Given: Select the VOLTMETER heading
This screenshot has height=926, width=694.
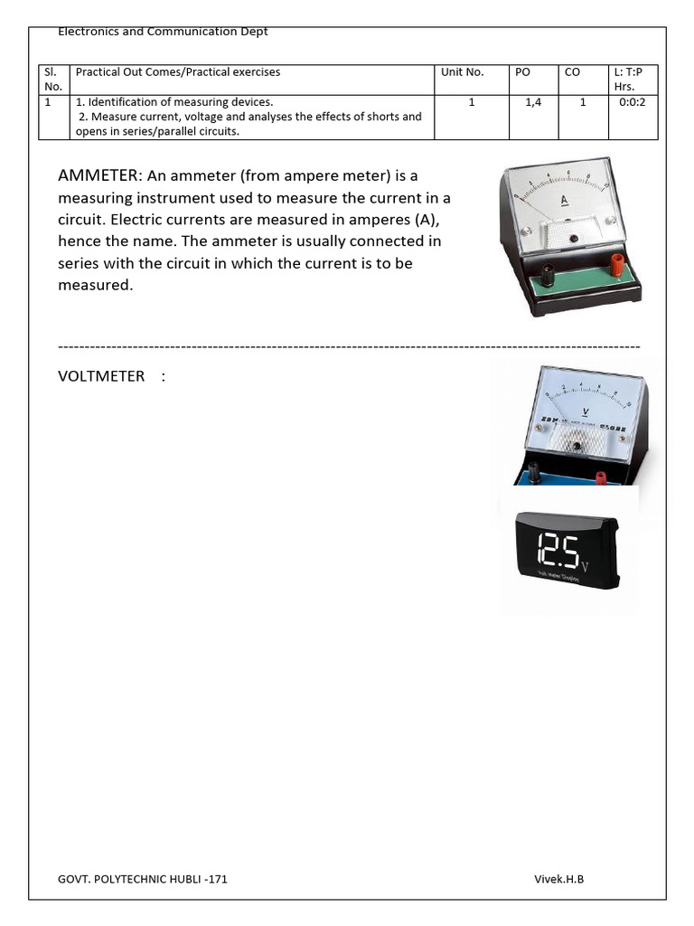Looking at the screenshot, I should pyautogui.click(x=101, y=375).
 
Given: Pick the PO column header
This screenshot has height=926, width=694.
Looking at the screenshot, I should pyautogui.click(x=522, y=72).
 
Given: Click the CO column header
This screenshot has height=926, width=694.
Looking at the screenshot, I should pyautogui.click(x=572, y=72).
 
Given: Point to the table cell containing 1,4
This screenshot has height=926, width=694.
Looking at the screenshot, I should pyautogui.click(x=533, y=103).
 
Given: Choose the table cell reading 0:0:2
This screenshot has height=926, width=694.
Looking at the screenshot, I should pyautogui.click(x=633, y=103).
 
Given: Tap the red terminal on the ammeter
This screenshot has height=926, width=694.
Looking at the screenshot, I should pyautogui.click(x=617, y=265).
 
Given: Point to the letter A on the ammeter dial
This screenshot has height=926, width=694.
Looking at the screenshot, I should pyautogui.click(x=564, y=201).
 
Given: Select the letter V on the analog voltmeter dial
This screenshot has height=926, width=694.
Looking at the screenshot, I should pyautogui.click(x=586, y=411).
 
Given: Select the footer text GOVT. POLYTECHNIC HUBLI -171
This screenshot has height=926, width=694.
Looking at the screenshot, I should pyautogui.click(x=143, y=878).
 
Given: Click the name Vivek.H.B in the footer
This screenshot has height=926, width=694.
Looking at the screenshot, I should pyautogui.click(x=558, y=878).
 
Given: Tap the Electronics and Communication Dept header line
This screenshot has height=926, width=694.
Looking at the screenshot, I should pyautogui.click(x=163, y=33).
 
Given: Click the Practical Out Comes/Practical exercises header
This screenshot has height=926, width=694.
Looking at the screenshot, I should pyautogui.click(x=178, y=72).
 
